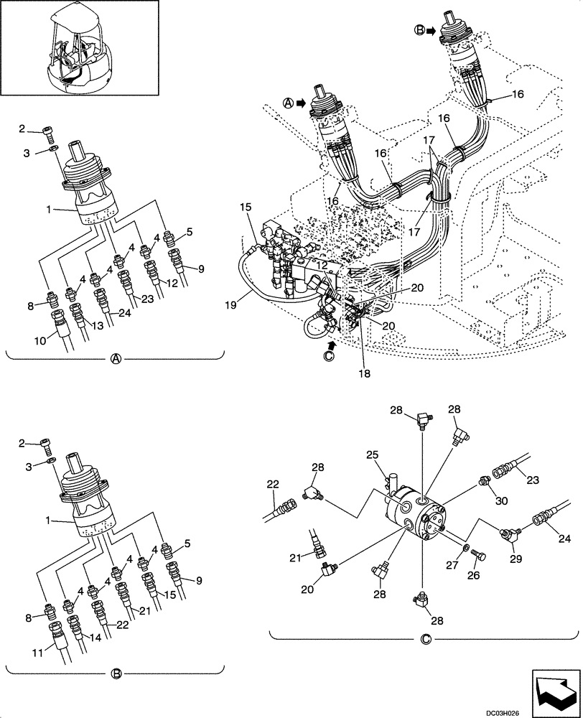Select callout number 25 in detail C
[373, 454]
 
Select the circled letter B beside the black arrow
[419, 31]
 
